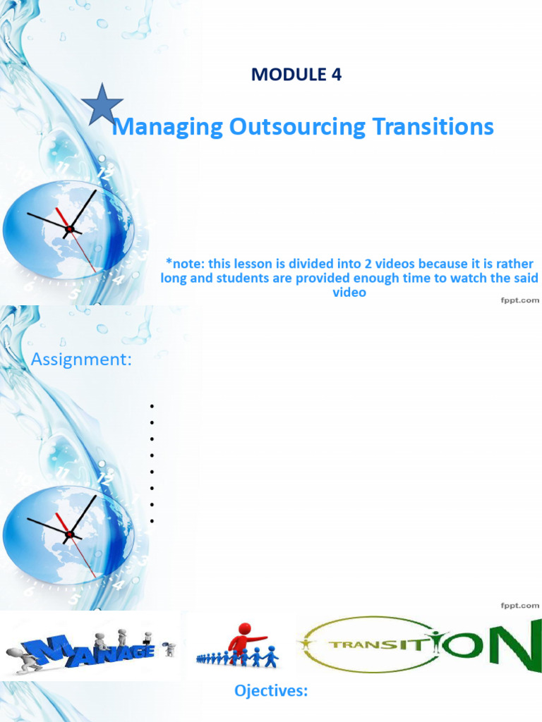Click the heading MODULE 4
296,75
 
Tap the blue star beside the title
102,104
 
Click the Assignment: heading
81,360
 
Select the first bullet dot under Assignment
152,406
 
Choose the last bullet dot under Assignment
152,521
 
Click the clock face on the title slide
68,228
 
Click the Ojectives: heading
271,692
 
